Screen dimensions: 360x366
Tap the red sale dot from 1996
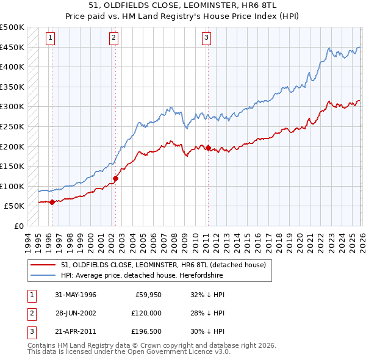(x=52, y=202)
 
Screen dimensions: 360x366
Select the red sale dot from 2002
(x=115, y=178)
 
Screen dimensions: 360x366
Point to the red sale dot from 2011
(x=208, y=148)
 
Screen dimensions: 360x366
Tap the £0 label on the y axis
(x=20, y=226)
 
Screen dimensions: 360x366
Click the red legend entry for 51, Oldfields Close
(x=163, y=265)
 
